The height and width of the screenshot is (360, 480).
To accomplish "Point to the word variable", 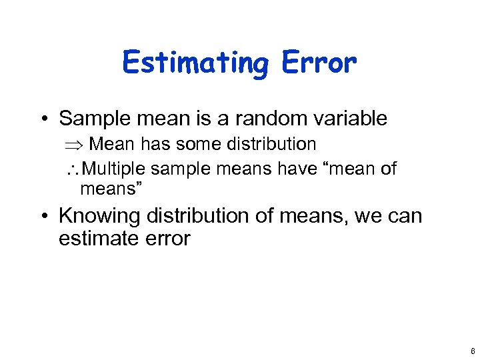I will pyautogui.click(x=345, y=119).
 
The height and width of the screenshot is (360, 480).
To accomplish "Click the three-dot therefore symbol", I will pyautogui.click(x=72, y=169).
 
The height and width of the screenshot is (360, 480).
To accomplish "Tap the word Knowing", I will pyautogui.click(x=100, y=216).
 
